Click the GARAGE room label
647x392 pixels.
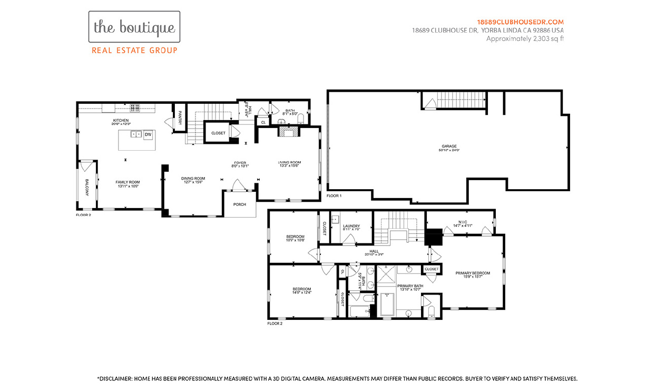tap(449, 146)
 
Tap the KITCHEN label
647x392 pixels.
tap(121, 121)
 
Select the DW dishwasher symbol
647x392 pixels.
tap(148, 134)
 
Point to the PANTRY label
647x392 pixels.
tap(180, 117)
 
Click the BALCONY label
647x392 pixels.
tap(87, 187)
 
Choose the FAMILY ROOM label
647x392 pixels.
tap(128, 182)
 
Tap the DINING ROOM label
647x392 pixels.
tap(193, 178)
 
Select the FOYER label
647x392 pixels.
tap(240, 162)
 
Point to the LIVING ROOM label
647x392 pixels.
tap(289, 162)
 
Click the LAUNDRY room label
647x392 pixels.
tap(351, 226)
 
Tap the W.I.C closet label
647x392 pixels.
tap(463, 222)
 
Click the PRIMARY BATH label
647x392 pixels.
tap(410, 286)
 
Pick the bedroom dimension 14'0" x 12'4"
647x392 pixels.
tap(302, 292)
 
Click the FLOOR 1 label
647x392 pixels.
tap(334, 195)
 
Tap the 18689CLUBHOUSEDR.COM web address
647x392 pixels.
tap(520, 22)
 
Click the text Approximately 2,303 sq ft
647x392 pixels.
tap(525, 38)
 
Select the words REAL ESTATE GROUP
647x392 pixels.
tap(134, 51)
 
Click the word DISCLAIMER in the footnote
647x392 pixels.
tap(115, 378)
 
